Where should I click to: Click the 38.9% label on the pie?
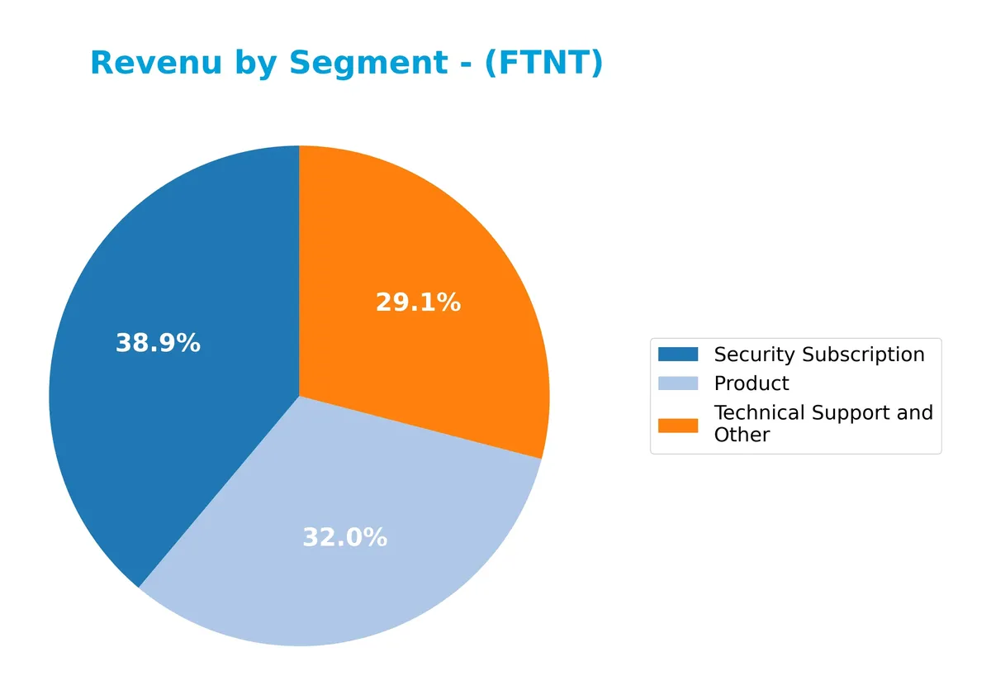pyautogui.click(x=158, y=344)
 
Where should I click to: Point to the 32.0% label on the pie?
pyautogui.click(x=344, y=538)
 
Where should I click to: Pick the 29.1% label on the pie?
pyautogui.click(x=418, y=302)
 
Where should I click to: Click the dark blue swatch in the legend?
pyautogui.click(x=677, y=355)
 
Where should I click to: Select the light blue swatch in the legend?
pyautogui.click(x=677, y=383)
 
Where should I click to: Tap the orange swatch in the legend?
pyautogui.click(x=677, y=425)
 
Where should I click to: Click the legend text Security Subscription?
pyautogui.click(x=819, y=355)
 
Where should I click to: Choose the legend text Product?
pyautogui.click(x=752, y=383)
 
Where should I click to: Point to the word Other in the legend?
pyautogui.click(x=742, y=435)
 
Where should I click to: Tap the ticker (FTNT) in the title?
pyautogui.click(x=544, y=64)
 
